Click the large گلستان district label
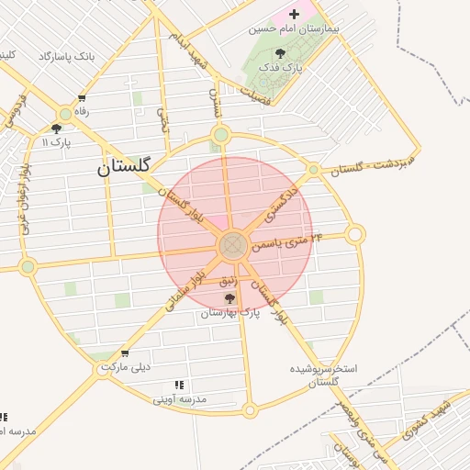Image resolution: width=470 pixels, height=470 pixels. (128, 168)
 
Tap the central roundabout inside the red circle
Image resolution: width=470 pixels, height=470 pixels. (232, 245)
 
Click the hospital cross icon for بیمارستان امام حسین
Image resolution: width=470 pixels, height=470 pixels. (294, 14)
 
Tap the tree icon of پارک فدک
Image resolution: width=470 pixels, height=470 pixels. (280, 53)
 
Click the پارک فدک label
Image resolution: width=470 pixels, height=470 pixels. (281, 67)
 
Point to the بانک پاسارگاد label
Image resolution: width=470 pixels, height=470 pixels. (66, 57)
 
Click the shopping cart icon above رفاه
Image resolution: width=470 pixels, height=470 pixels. (82, 98)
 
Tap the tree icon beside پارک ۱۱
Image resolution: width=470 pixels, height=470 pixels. (57, 129)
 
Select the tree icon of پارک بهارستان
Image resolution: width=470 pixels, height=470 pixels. (229, 298)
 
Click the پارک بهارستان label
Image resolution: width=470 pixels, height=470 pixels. (230, 313)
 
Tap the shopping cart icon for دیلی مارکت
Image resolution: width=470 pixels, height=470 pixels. (125, 353)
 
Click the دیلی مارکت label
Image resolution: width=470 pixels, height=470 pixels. (125, 367)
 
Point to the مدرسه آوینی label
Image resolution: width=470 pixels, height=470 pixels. (180, 399)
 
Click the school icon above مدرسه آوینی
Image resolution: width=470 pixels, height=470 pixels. (179, 386)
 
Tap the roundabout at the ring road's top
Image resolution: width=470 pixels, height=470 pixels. (220, 136)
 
